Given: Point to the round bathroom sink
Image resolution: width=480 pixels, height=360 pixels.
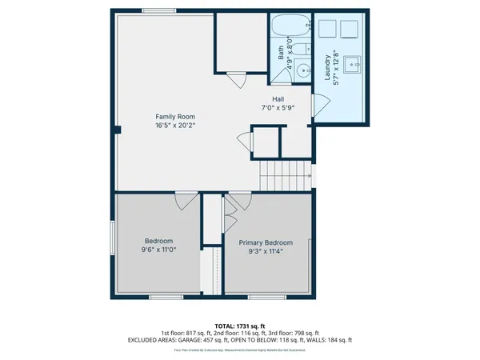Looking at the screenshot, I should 303,70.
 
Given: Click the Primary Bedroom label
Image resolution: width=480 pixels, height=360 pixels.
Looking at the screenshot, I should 266,242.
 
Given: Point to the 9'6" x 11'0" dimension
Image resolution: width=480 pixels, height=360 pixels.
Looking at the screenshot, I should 158,250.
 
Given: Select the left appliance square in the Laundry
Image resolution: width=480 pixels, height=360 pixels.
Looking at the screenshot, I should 327,30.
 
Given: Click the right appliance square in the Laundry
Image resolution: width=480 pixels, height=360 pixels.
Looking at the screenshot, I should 350,30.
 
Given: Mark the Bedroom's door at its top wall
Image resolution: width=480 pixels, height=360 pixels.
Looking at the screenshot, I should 185,200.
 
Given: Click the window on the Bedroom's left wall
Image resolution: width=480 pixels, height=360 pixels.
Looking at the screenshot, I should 112,238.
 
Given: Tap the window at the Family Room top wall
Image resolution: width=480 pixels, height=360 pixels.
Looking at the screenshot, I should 154,10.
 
